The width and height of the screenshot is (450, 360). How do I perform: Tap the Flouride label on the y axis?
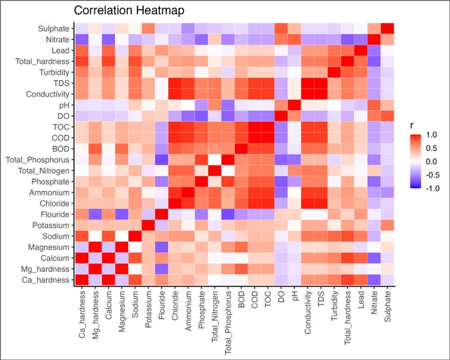(x=56, y=214)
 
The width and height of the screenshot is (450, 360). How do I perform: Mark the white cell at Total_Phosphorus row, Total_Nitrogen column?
(x=216, y=159)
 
